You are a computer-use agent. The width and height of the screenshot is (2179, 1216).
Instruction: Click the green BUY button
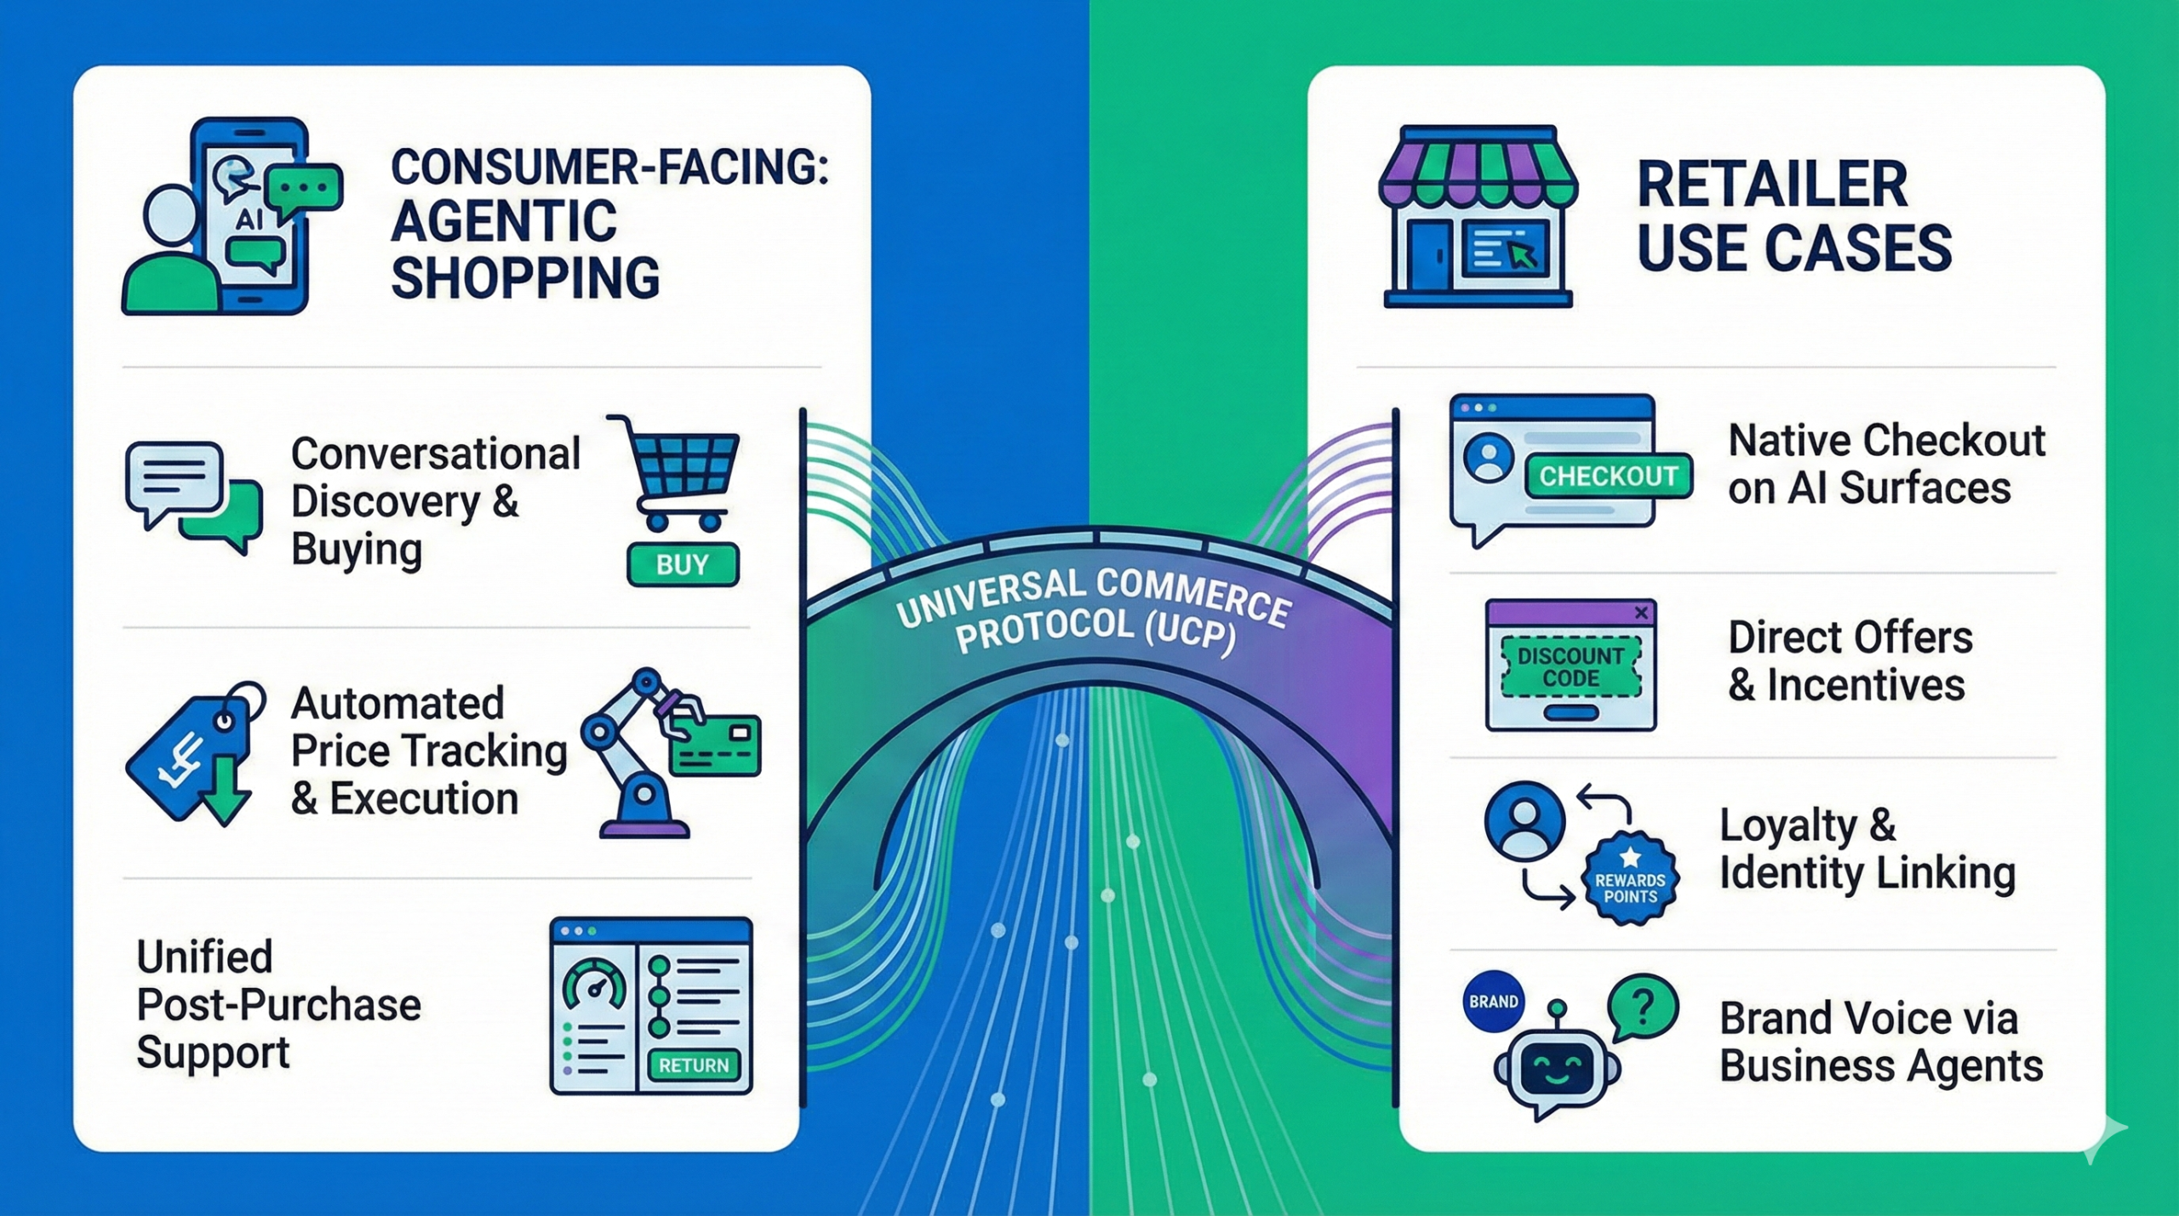coord(683,565)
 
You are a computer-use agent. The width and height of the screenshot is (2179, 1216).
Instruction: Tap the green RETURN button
coord(694,1065)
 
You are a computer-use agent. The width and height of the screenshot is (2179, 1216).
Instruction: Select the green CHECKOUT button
coord(1608,476)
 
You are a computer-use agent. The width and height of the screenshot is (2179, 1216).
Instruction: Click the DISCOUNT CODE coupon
coord(1570,667)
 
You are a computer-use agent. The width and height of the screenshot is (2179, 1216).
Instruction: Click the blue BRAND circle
coord(1493,1002)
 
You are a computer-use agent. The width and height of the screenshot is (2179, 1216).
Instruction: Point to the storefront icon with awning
coord(1477,216)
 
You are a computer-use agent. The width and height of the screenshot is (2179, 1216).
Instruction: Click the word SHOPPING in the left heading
coord(525,278)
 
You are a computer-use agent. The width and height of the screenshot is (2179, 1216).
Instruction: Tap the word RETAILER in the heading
coord(1771,185)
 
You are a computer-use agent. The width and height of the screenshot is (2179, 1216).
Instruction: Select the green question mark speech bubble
coord(1642,1009)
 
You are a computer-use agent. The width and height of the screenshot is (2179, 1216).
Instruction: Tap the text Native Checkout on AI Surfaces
coord(1885,465)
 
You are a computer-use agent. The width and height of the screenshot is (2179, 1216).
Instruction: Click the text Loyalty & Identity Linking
coord(1866,848)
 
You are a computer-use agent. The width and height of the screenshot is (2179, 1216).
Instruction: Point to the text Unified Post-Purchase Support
coord(278,1005)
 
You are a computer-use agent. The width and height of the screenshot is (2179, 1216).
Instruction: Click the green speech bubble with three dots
coord(304,187)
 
